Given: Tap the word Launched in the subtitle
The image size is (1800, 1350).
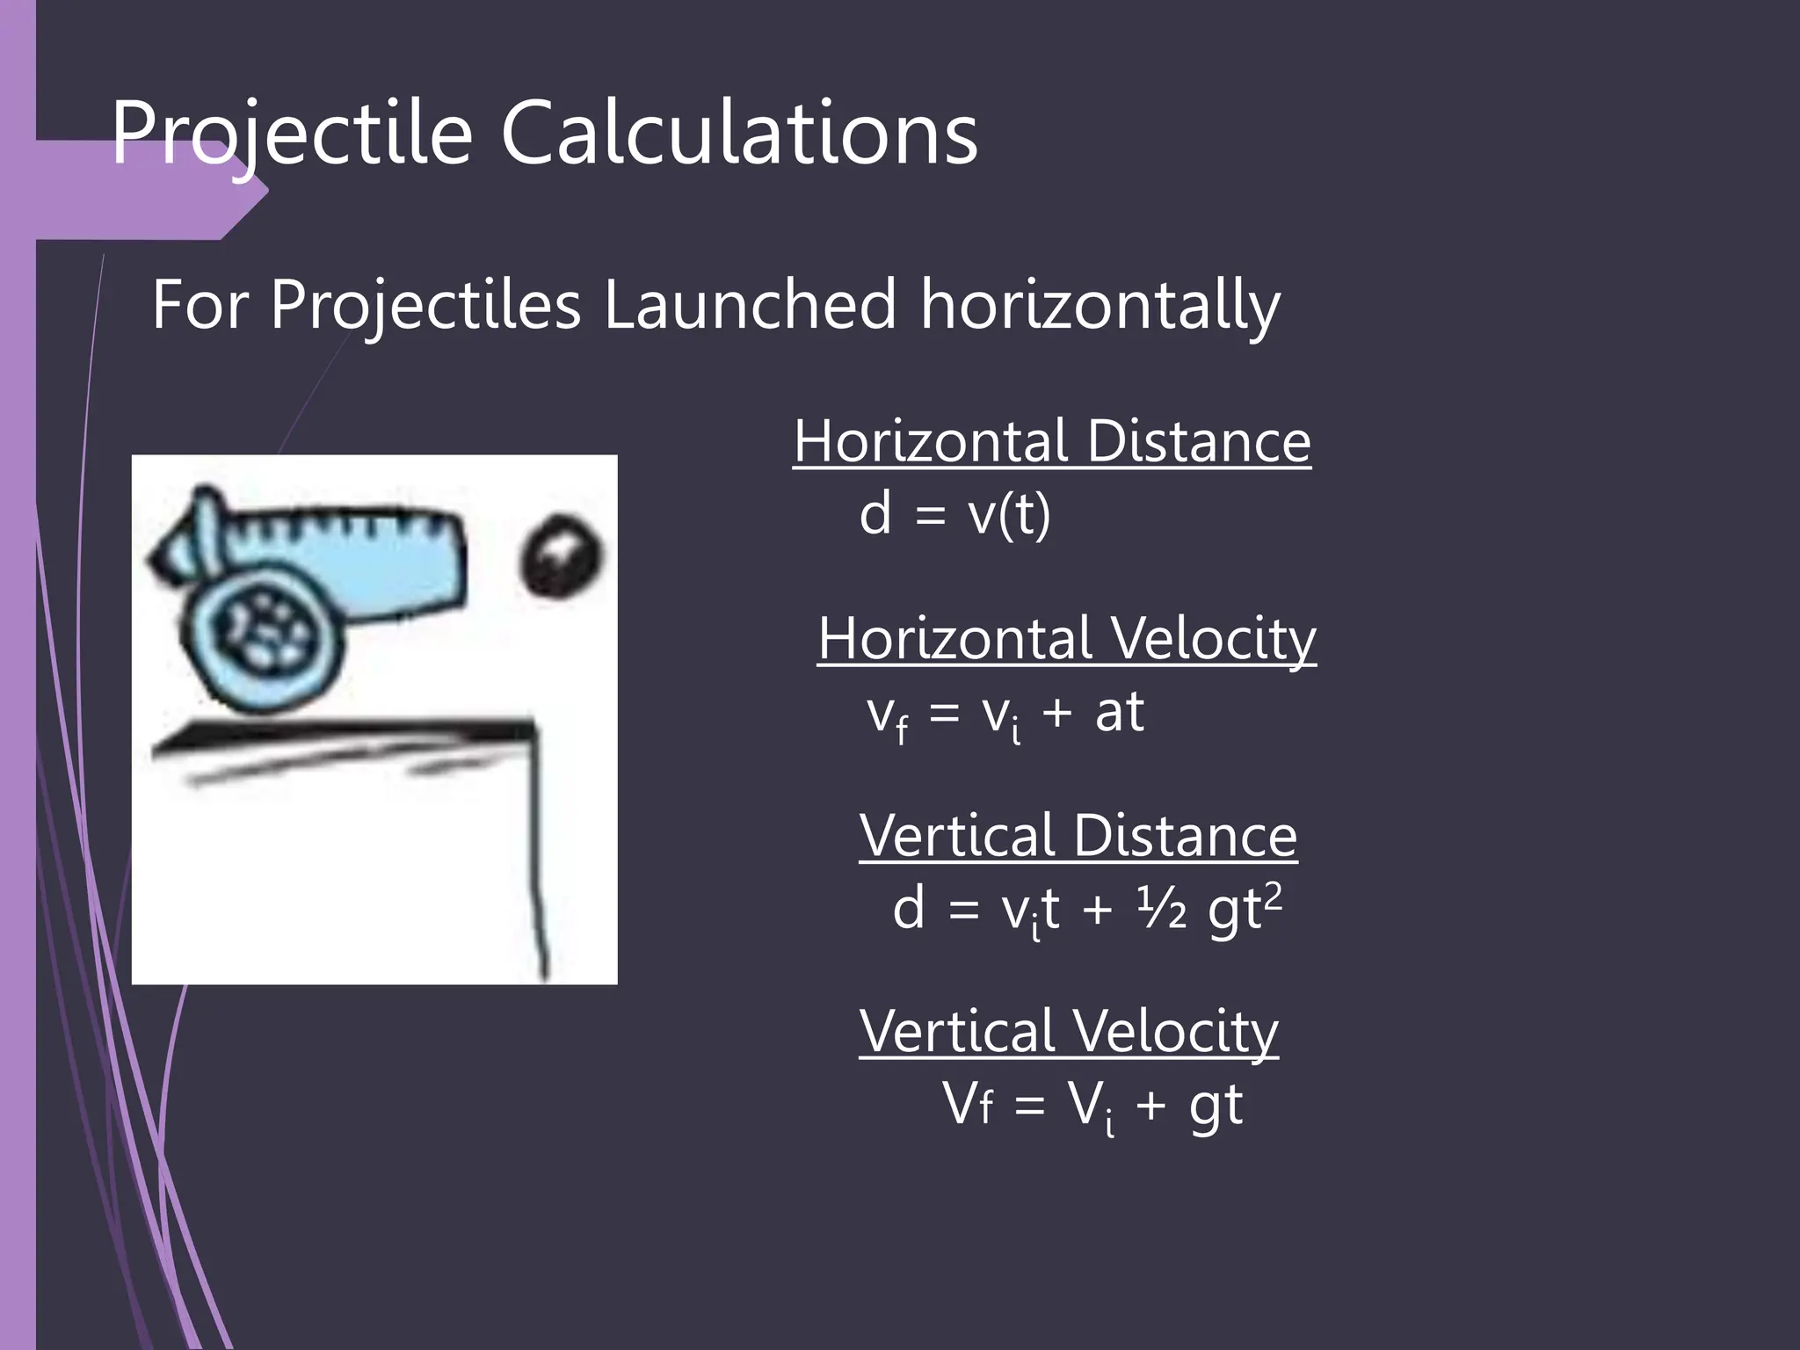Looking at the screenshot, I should [750, 304].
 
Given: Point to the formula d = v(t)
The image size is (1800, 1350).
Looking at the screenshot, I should [954, 514].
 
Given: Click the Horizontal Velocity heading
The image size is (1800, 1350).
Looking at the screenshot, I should [1066, 638].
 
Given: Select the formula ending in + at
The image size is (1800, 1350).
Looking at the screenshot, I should [1005, 713].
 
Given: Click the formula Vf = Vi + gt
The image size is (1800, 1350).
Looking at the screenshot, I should [1092, 1105].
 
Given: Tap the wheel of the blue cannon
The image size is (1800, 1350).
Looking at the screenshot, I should [264, 631].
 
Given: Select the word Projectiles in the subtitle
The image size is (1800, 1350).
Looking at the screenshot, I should [425, 304].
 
